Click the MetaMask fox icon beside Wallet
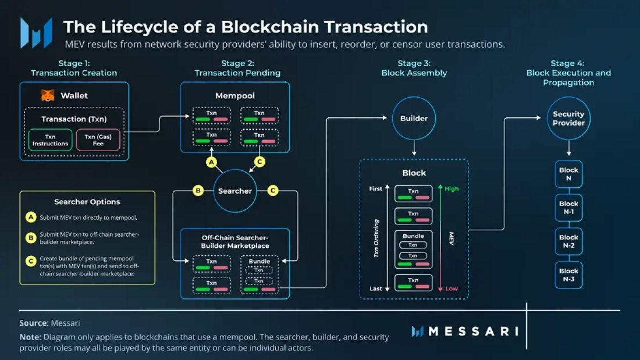[x=48, y=95]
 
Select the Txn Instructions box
[x=50, y=140]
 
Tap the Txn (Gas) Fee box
[x=98, y=140]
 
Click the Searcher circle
[x=235, y=191]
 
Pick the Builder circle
[x=414, y=118]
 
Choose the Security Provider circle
[x=568, y=118]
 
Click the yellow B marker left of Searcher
[x=197, y=191]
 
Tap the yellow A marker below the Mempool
[x=211, y=162]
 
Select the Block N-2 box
[x=569, y=241]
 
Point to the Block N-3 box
[x=569, y=275]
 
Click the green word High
[x=451, y=189]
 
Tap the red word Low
[x=452, y=289]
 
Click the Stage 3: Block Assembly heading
[x=414, y=68]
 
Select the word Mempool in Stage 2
[x=235, y=96]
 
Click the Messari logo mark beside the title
[x=36, y=33]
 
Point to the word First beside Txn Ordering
[x=375, y=189]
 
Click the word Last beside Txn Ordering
[x=376, y=289]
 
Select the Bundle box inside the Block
[x=413, y=249]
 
